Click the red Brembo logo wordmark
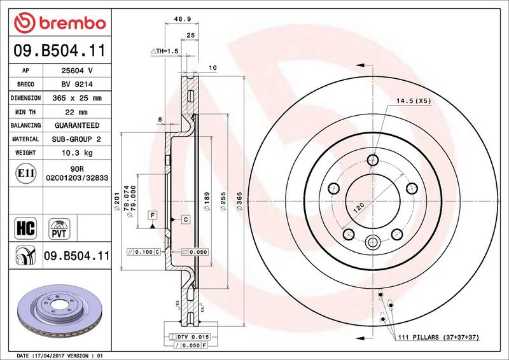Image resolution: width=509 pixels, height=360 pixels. point(60,23)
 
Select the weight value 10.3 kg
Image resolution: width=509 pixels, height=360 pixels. point(77,153)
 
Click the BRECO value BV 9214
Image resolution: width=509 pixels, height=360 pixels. point(77,85)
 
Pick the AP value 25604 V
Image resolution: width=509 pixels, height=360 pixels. point(77,71)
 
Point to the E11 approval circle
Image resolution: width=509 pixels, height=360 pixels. point(25,174)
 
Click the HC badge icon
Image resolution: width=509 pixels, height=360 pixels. point(25,228)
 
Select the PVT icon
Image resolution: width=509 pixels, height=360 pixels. point(59,229)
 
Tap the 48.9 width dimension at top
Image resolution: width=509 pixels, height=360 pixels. point(182,19)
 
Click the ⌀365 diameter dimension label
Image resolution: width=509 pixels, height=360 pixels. point(239,201)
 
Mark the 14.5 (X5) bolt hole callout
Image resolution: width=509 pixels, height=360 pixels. point(413,101)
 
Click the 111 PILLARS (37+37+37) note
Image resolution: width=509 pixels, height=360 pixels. point(438,337)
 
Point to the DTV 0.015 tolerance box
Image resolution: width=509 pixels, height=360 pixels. point(189,337)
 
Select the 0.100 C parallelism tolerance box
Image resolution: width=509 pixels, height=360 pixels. point(144,252)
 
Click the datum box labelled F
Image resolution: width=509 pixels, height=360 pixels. point(153,215)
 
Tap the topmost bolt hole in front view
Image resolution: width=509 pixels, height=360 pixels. point(373,160)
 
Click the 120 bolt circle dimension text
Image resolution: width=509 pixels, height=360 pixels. point(359,207)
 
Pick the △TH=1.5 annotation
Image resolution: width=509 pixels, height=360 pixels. point(165,51)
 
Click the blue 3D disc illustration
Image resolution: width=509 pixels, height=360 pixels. point(60,310)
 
